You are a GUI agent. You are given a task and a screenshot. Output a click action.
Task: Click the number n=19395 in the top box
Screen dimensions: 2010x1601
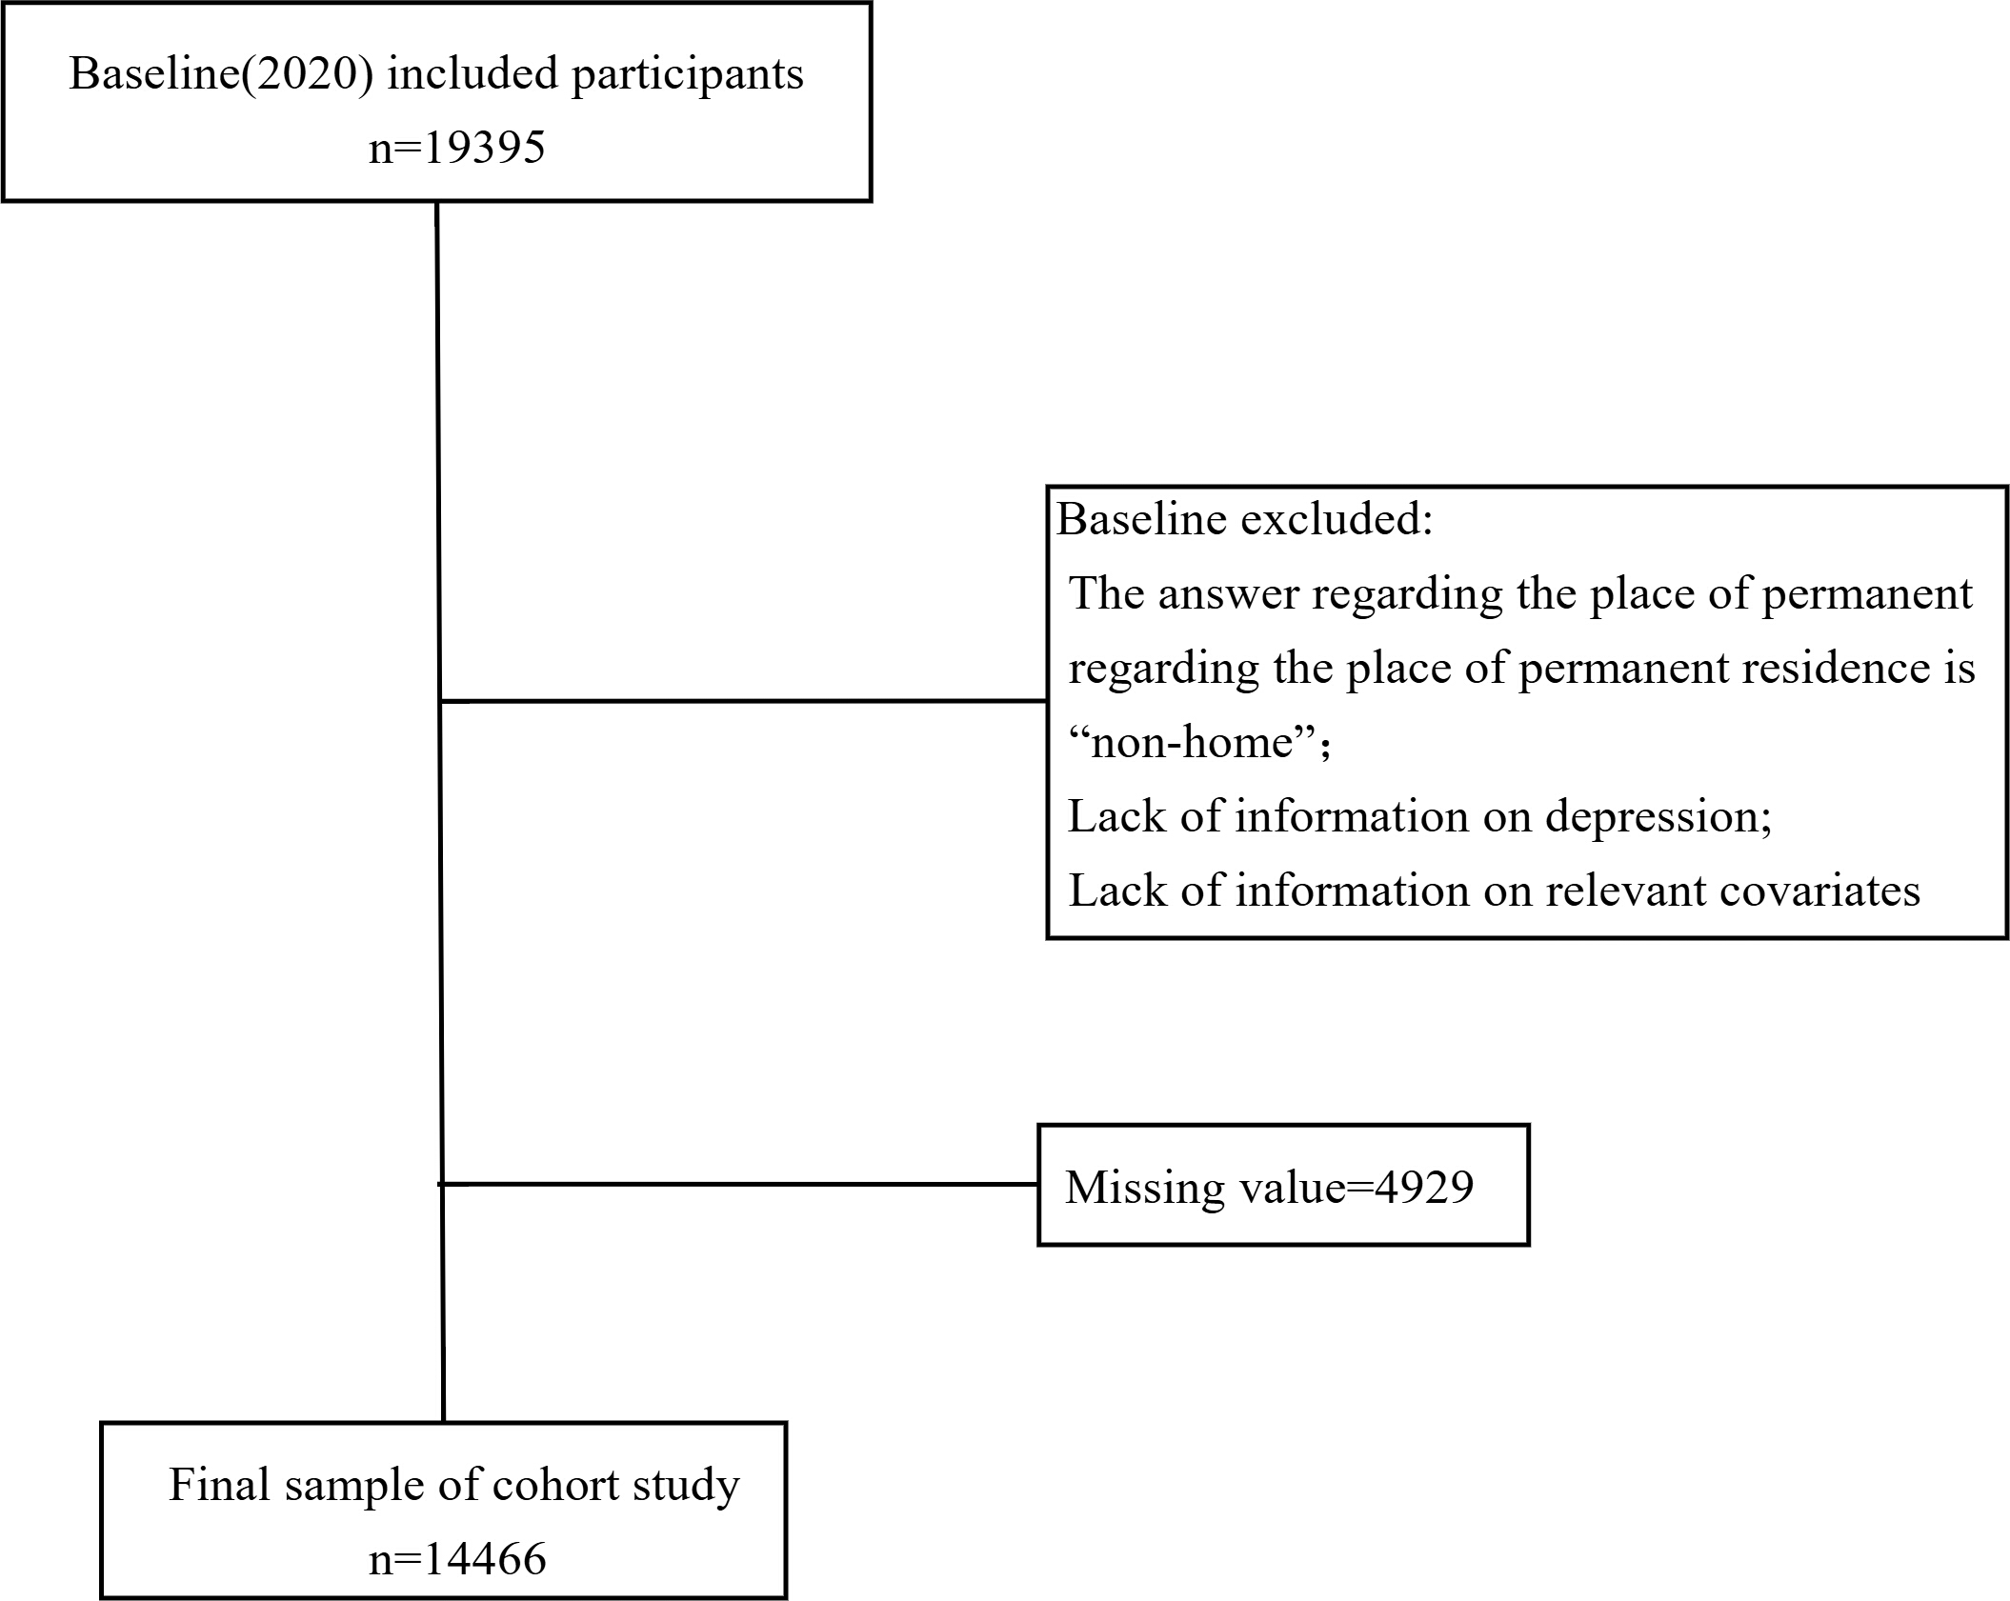tap(457, 148)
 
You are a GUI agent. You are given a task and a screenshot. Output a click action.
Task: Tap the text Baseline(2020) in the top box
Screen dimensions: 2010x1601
tap(221, 74)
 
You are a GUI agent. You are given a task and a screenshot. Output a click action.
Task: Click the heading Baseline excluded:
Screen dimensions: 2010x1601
tap(1245, 519)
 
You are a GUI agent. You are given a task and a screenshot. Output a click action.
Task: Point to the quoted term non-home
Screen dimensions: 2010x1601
tap(1200, 742)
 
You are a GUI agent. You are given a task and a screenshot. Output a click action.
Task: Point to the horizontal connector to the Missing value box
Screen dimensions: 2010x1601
tap(739, 1184)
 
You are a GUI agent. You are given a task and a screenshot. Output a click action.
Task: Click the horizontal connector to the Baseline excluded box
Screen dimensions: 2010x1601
tap(744, 701)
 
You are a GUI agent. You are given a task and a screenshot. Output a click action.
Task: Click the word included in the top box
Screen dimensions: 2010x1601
tap(472, 74)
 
